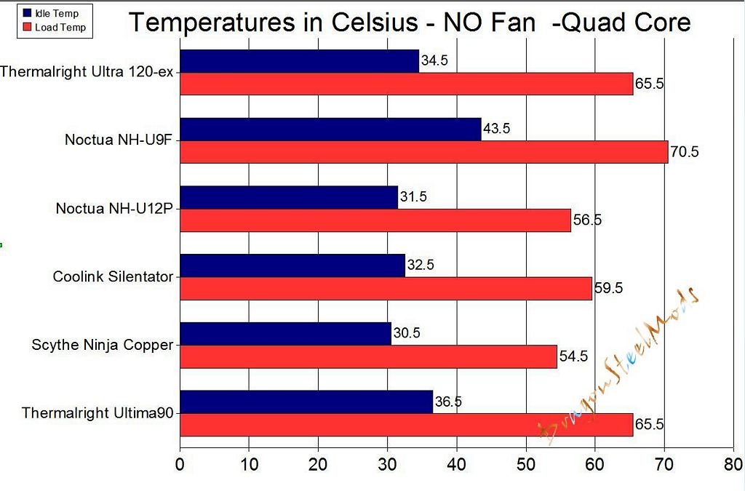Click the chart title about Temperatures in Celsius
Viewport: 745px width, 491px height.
click(409, 23)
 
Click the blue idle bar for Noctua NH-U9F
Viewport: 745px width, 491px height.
click(330, 129)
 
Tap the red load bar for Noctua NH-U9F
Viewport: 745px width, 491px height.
click(423, 152)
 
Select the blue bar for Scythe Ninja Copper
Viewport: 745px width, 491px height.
click(285, 334)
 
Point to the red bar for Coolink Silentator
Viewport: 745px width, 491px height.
click(386, 288)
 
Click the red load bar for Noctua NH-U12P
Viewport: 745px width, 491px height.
click(375, 220)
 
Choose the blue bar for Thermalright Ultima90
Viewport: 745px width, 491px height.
click(306, 402)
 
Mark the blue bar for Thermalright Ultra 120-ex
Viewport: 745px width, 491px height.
click(299, 61)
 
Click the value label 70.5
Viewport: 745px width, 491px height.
click(684, 153)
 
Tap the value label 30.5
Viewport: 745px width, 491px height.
click(406, 334)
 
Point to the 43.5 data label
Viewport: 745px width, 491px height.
click(496, 129)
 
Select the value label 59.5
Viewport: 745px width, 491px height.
click(608, 288)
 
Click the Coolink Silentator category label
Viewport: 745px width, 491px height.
click(113, 276)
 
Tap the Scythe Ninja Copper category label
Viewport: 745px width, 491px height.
click(103, 345)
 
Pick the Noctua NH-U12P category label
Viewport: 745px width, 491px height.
click(114, 209)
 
